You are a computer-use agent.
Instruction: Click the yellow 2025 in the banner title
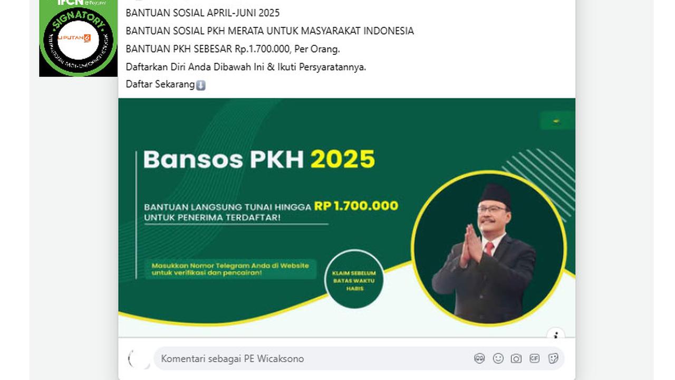pyautogui.click(x=343, y=159)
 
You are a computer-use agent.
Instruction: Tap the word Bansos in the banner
pyautogui.click(x=192, y=159)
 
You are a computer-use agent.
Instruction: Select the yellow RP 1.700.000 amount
pyautogui.click(x=356, y=206)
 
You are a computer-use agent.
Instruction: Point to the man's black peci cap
pyautogui.click(x=495, y=194)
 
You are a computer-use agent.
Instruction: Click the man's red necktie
pyautogui.click(x=489, y=248)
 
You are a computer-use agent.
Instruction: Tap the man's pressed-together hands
pyautogui.click(x=471, y=246)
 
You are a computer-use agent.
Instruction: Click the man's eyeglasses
pyautogui.click(x=493, y=209)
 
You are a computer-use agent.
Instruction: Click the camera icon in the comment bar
pyautogui.click(x=516, y=359)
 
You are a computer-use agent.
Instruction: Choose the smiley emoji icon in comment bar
pyautogui.click(x=498, y=359)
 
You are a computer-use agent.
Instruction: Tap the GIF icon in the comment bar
pyautogui.click(x=534, y=359)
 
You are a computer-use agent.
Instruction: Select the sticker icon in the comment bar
pyautogui.click(x=553, y=359)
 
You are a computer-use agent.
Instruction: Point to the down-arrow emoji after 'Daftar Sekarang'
pyautogui.click(x=201, y=85)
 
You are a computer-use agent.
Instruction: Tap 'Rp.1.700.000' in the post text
pyautogui.click(x=262, y=49)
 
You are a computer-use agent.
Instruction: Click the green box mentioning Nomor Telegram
pyautogui.click(x=230, y=269)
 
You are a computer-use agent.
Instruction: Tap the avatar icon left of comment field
pyautogui.click(x=139, y=359)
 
